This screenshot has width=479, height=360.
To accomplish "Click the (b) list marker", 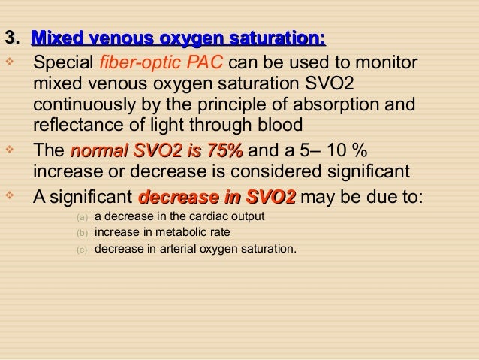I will click(x=82, y=233).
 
